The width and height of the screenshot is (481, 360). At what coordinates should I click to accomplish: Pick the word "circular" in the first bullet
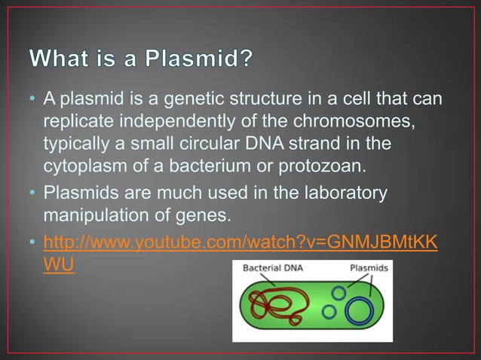[220, 143]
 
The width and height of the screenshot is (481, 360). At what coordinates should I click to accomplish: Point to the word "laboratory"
[341, 194]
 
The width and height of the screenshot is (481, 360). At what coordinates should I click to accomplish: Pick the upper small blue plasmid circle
[339, 291]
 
